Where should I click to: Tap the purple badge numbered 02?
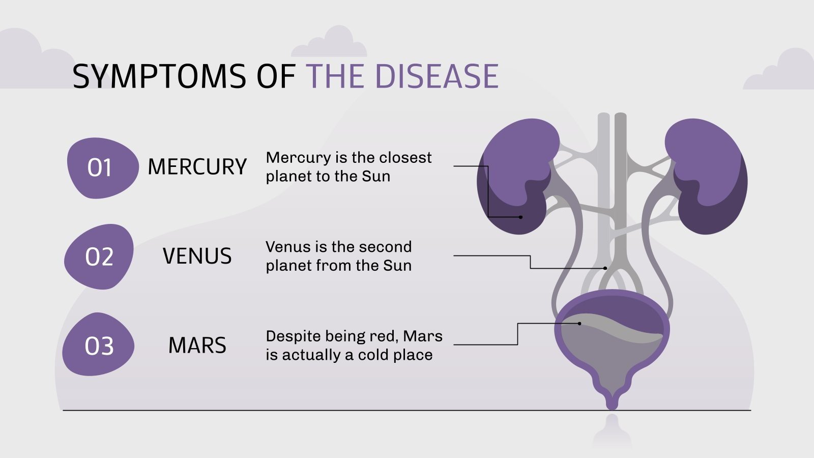click(x=99, y=257)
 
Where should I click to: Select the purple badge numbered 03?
click(x=99, y=346)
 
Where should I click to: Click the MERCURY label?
click(x=197, y=167)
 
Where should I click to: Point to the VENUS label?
click(x=197, y=256)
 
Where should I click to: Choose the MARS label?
click(x=197, y=346)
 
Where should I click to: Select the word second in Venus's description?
click(x=386, y=247)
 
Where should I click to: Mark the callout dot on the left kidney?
click(x=520, y=217)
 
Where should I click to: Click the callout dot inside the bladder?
click(x=579, y=324)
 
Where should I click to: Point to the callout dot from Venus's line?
click(x=605, y=268)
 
